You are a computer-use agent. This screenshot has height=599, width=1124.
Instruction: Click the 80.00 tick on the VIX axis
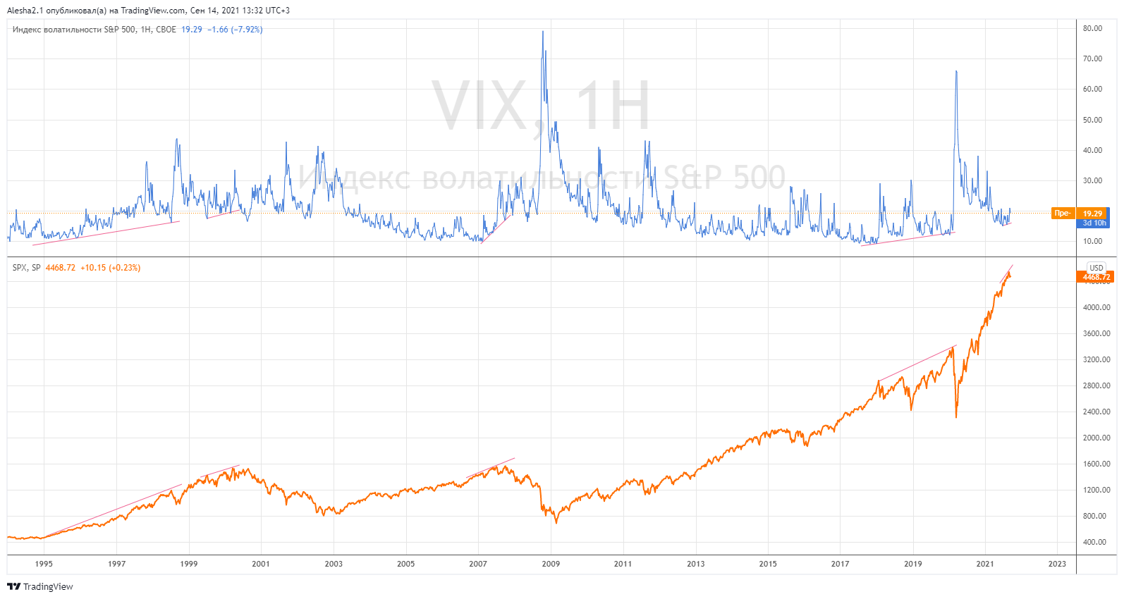(x=1092, y=29)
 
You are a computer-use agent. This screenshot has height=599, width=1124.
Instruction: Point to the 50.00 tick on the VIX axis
(x=1092, y=120)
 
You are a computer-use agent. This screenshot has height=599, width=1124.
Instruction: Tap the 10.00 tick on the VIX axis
(x=1092, y=241)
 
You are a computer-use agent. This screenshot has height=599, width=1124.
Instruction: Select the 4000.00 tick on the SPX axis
(x=1096, y=307)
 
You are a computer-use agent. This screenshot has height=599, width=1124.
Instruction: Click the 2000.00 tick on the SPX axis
(x=1096, y=438)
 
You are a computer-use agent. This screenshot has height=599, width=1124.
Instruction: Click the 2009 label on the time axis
(x=551, y=564)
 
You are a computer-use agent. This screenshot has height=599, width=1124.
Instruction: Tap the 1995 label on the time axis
(x=44, y=564)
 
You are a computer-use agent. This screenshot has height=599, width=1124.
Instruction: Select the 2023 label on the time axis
(x=1057, y=564)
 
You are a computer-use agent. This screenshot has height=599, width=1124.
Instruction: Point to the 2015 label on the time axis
(x=768, y=564)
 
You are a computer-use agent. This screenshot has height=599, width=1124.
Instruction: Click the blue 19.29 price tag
(x=1092, y=214)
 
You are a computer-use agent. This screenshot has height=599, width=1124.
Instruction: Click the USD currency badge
(x=1096, y=268)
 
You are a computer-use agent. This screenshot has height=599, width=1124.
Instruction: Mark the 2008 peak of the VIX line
(x=542, y=32)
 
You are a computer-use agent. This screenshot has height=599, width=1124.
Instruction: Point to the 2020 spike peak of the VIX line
(x=956, y=71)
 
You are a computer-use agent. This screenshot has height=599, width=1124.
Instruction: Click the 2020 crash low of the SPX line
(x=956, y=417)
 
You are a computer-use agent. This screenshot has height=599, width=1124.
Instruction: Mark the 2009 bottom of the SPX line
(x=556, y=522)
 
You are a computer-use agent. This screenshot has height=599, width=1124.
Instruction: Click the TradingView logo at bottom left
(x=40, y=586)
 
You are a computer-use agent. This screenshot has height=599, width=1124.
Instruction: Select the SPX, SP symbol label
(x=27, y=268)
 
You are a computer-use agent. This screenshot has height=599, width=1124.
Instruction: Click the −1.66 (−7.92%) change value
(x=235, y=30)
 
